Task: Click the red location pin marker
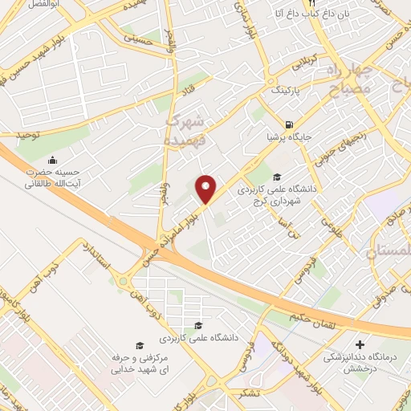pos(206,189)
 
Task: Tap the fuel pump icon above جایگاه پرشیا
pos(287,124)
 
